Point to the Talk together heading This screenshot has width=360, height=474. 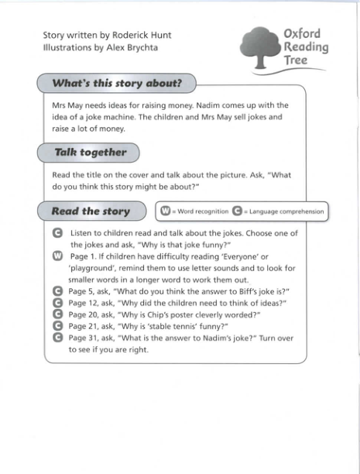coord(91,153)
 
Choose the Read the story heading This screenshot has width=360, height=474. coord(90,211)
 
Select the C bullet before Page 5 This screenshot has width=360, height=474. coord(57,291)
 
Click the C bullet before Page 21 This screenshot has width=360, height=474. coord(57,326)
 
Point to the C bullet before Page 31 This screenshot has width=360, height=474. coord(57,338)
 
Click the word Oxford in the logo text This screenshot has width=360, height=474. coord(302,34)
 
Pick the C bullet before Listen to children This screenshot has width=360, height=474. coord(57,232)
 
